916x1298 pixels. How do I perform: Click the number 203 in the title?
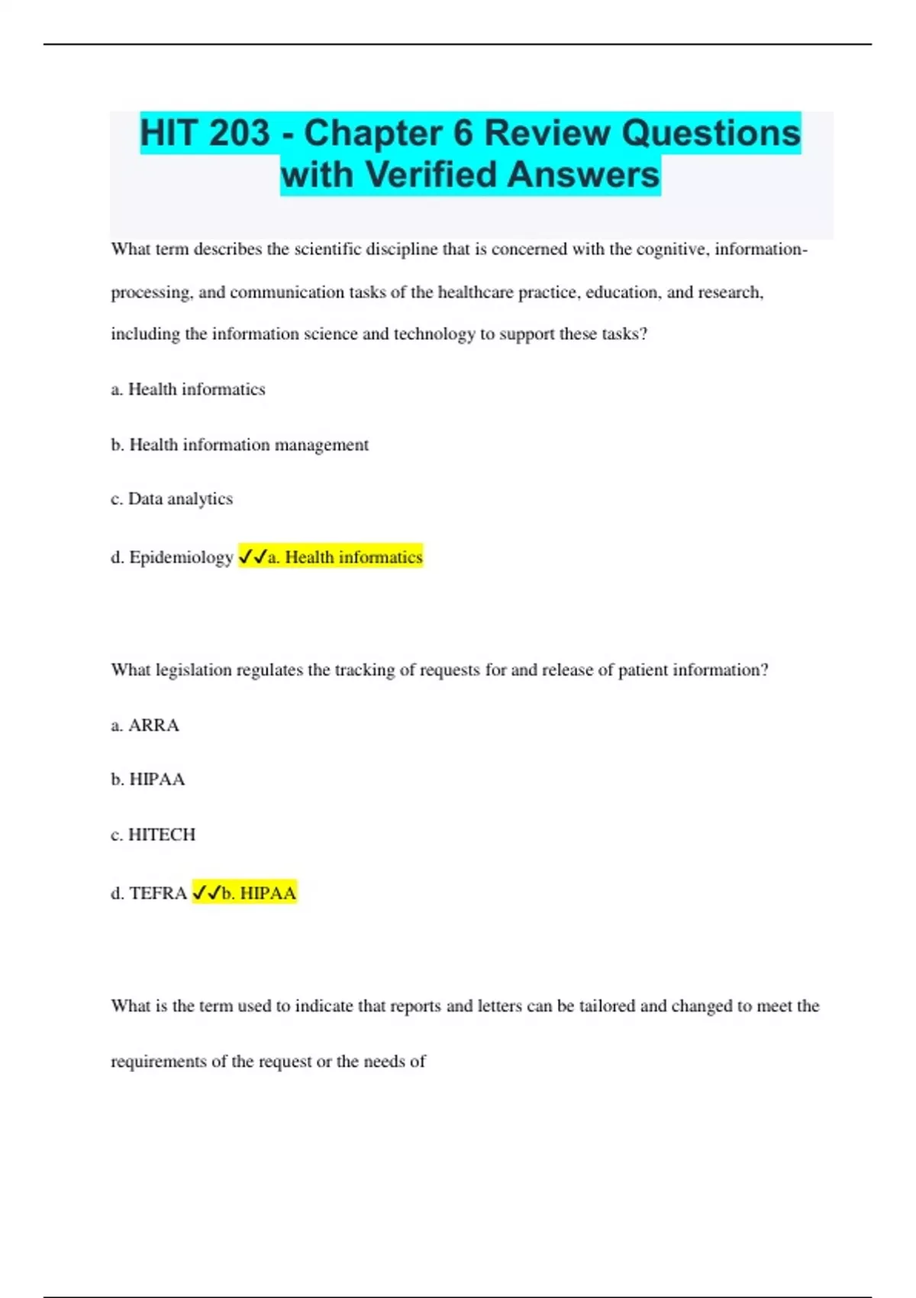(239, 134)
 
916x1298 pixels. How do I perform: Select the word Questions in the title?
(711, 134)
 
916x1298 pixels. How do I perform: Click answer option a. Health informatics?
(188, 389)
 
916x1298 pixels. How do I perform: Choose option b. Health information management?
(240, 444)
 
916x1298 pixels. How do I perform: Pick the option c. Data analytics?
(172, 499)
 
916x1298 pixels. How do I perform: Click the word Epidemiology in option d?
(181, 557)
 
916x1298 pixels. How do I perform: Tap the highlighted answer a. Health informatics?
(345, 557)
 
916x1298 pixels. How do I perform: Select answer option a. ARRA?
(145, 725)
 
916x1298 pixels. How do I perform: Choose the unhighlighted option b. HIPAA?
(148, 780)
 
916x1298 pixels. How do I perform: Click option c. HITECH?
(153, 835)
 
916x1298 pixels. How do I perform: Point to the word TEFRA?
(158, 893)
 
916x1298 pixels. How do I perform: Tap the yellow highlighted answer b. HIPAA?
(259, 893)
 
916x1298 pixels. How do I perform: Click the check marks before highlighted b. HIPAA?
(206, 893)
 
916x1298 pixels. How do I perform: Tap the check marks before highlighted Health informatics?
(253, 557)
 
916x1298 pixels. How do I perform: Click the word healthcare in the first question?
(475, 292)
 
